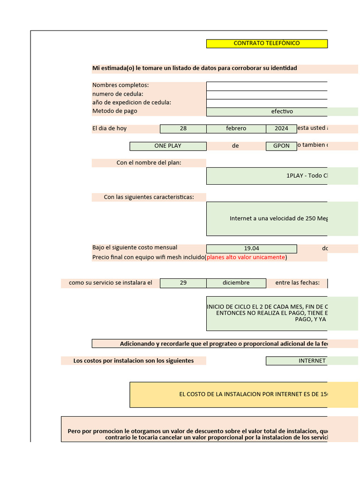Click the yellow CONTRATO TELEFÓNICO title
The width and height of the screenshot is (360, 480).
(266, 43)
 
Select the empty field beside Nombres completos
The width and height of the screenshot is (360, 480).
(266, 86)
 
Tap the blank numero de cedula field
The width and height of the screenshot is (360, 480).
(266, 94)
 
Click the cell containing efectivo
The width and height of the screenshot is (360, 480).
(281, 112)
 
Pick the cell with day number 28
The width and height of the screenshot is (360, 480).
(183, 128)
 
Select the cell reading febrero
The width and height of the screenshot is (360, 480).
(236, 128)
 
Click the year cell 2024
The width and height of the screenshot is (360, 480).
(281, 128)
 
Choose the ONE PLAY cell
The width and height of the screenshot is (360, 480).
(168, 146)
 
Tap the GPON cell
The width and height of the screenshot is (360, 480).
(281, 146)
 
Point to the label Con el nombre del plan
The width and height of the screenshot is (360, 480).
(149, 163)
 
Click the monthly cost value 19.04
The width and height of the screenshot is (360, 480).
(251, 248)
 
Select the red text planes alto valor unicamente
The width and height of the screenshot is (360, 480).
(246, 257)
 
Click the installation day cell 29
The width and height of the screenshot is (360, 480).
(183, 283)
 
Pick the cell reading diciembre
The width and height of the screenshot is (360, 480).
(236, 283)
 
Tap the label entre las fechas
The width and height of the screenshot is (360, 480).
(297, 283)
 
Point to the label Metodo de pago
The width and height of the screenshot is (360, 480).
(115, 111)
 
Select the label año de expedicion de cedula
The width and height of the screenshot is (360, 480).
(132, 103)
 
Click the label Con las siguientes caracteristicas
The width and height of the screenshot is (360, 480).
(149, 197)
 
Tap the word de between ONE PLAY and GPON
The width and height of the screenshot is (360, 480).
(235, 146)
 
